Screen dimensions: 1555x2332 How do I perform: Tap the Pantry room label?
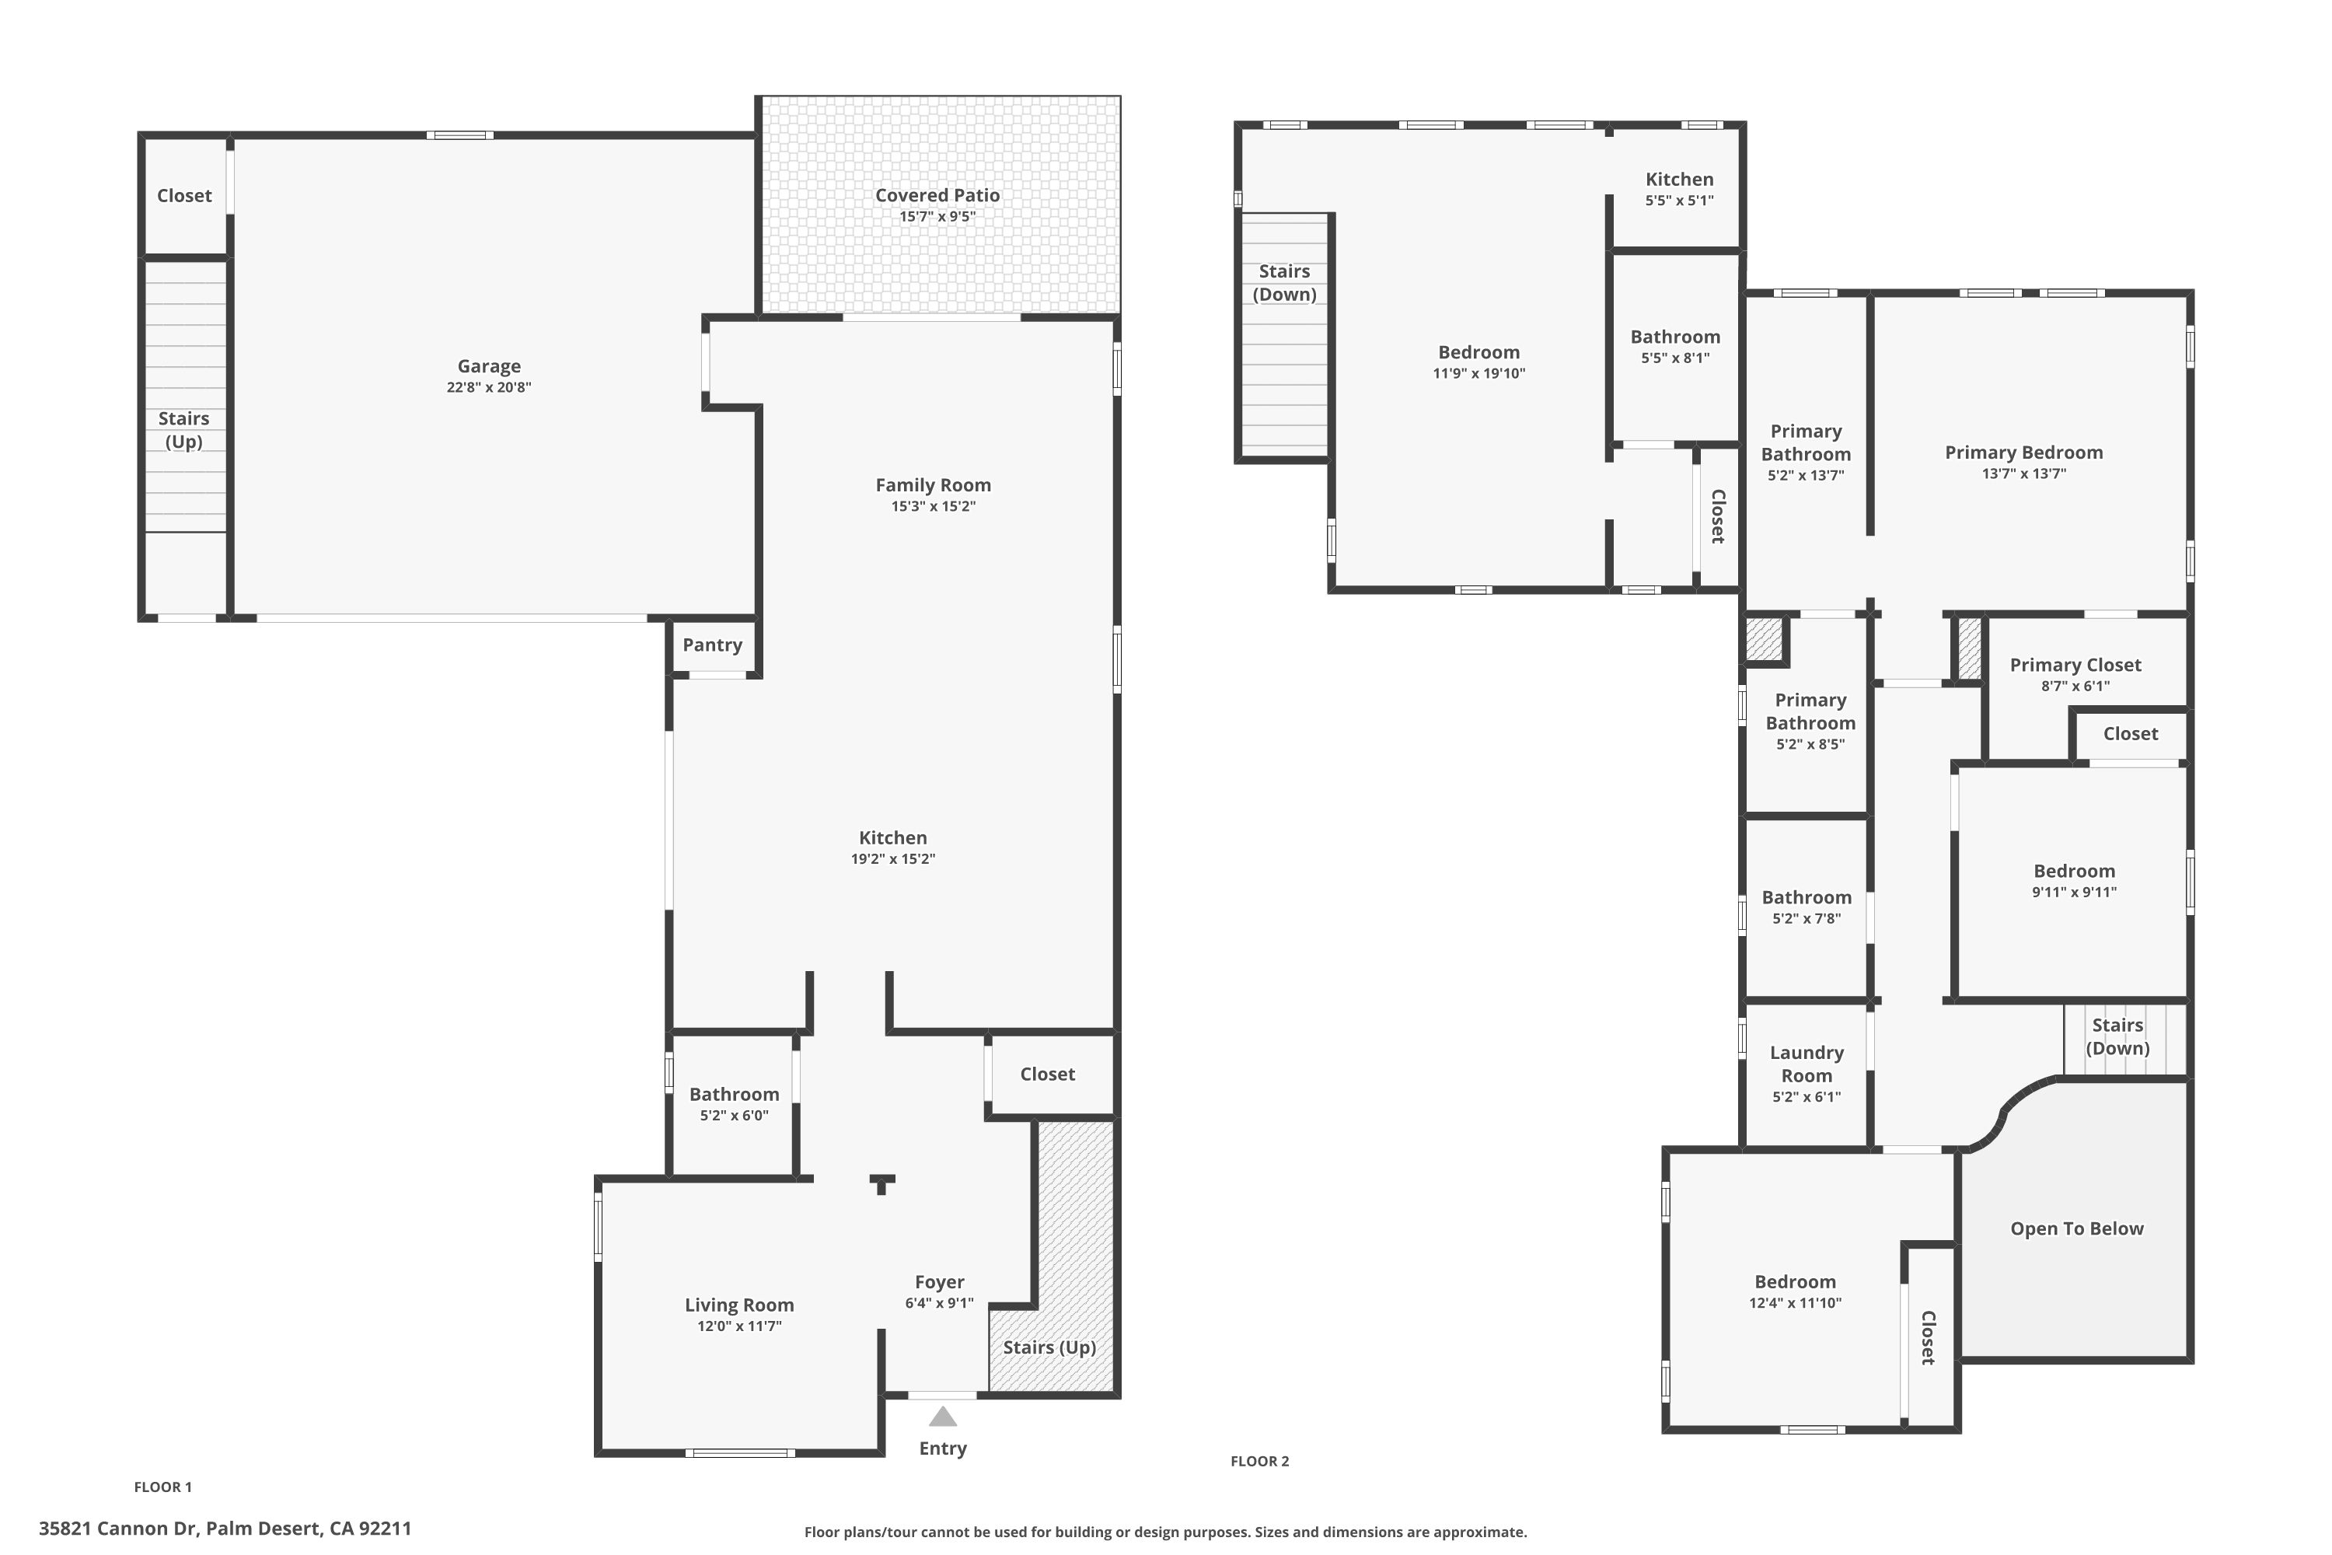click(x=712, y=645)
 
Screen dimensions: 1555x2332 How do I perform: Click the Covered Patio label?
click(x=937, y=195)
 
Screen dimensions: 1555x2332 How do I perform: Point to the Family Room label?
click(x=933, y=485)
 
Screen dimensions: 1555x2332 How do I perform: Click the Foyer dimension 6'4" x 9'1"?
click(x=939, y=1303)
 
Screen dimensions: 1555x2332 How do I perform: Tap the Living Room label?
click(x=738, y=1305)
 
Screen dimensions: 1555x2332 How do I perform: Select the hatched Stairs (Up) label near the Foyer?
click(x=1049, y=1347)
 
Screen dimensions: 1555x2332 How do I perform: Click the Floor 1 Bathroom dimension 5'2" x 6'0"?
click(x=734, y=1116)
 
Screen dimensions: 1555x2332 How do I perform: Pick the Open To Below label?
click(x=2076, y=1228)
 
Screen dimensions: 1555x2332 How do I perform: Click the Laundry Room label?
click(x=1807, y=1064)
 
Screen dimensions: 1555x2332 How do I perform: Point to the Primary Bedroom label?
click(x=2023, y=453)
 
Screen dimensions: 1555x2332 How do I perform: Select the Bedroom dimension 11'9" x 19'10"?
click(x=1478, y=374)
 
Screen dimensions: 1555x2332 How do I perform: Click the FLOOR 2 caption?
click(x=1259, y=1461)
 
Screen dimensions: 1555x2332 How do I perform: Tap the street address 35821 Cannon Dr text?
click(x=225, y=1529)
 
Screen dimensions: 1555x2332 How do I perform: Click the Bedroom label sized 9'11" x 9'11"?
click(x=2073, y=871)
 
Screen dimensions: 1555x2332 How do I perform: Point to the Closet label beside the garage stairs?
click(x=184, y=195)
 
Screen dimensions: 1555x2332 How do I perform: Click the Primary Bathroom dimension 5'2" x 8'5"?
click(x=1810, y=745)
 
